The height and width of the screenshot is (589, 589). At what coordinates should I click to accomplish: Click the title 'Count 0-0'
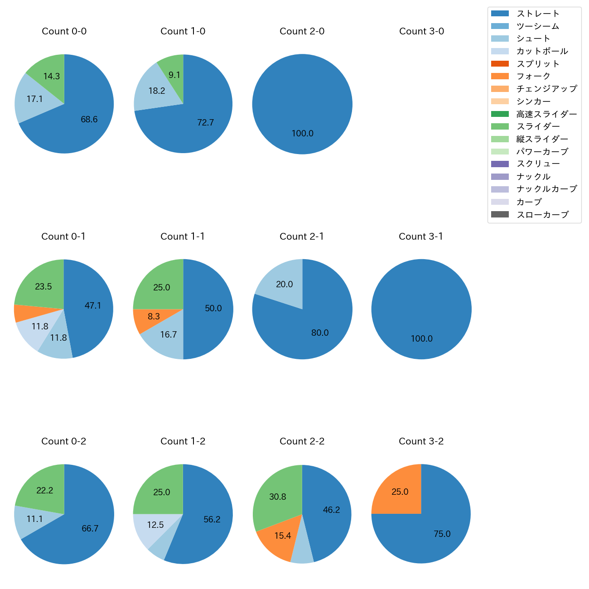click(x=64, y=31)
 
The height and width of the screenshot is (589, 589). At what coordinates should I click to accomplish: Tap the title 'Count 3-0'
click(x=421, y=31)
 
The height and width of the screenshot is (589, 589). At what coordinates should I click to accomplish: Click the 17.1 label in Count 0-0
click(x=34, y=99)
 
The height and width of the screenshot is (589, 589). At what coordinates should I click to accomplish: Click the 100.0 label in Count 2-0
click(x=302, y=134)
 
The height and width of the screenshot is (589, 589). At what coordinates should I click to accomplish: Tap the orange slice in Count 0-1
click(x=22, y=313)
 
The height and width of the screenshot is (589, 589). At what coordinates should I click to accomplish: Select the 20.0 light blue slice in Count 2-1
click(x=283, y=283)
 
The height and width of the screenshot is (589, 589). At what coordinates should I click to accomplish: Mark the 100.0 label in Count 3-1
click(x=421, y=339)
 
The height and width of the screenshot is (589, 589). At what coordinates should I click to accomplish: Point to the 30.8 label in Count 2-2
click(x=277, y=497)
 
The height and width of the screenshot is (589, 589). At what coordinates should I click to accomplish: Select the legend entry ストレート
click(x=538, y=14)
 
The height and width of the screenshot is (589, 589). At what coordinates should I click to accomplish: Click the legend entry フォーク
click(x=533, y=77)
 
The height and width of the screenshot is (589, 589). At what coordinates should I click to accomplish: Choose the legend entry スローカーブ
click(x=542, y=215)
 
